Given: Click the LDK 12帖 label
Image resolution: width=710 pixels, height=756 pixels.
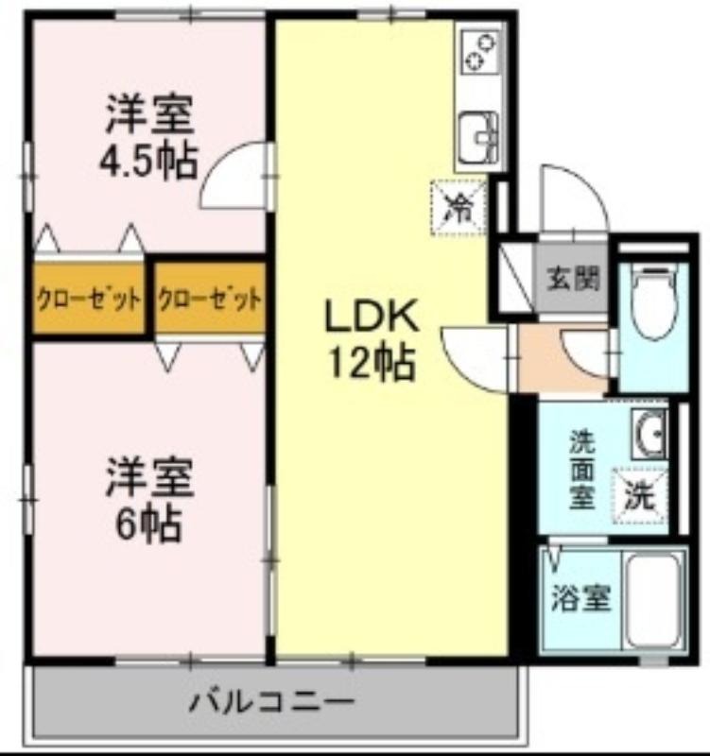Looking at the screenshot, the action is (x=371, y=339).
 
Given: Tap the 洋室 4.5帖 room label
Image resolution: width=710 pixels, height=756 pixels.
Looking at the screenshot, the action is (x=149, y=138).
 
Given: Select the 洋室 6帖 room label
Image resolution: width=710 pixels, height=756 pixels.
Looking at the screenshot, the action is (x=149, y=500).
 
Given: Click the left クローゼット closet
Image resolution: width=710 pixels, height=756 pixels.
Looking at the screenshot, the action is (x=89, y=299).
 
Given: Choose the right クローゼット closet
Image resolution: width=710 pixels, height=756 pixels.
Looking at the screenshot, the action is (x=210, y=299).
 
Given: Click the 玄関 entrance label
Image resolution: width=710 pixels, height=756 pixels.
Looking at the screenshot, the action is (x=573, y=278).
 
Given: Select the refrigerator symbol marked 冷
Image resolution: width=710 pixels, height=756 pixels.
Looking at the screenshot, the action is (x=459, y=208).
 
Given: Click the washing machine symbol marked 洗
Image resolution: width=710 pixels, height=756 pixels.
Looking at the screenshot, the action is (x=640, y=495).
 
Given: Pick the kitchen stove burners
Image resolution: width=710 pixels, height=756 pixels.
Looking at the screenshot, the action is (x=479, y=52).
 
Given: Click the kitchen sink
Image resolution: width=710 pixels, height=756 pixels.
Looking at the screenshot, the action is (x=478, y=138).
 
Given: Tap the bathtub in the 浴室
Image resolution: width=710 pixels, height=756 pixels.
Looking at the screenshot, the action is (x=654, y=601).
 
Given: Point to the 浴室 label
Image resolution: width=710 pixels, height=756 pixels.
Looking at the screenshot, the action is (x=580, y=598).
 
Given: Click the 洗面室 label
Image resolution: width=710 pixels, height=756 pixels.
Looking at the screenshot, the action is (x=582, y=469).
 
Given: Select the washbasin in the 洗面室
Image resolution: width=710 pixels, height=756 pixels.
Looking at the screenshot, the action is (x=649, y=434).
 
